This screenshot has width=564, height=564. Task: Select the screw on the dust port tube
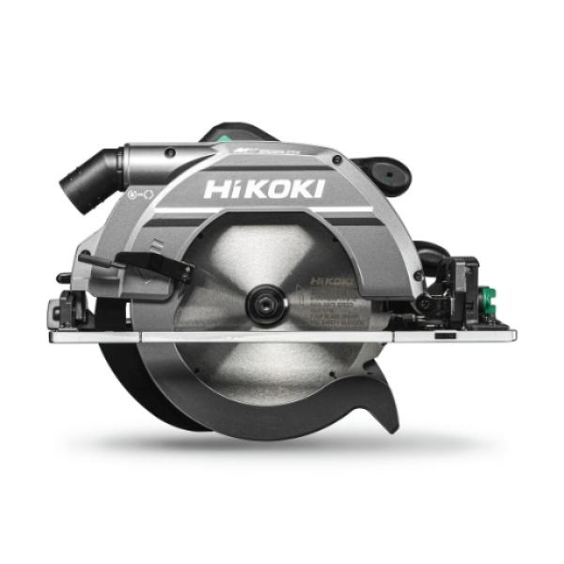[168, 153]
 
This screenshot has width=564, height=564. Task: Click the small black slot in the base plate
[446, 335]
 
